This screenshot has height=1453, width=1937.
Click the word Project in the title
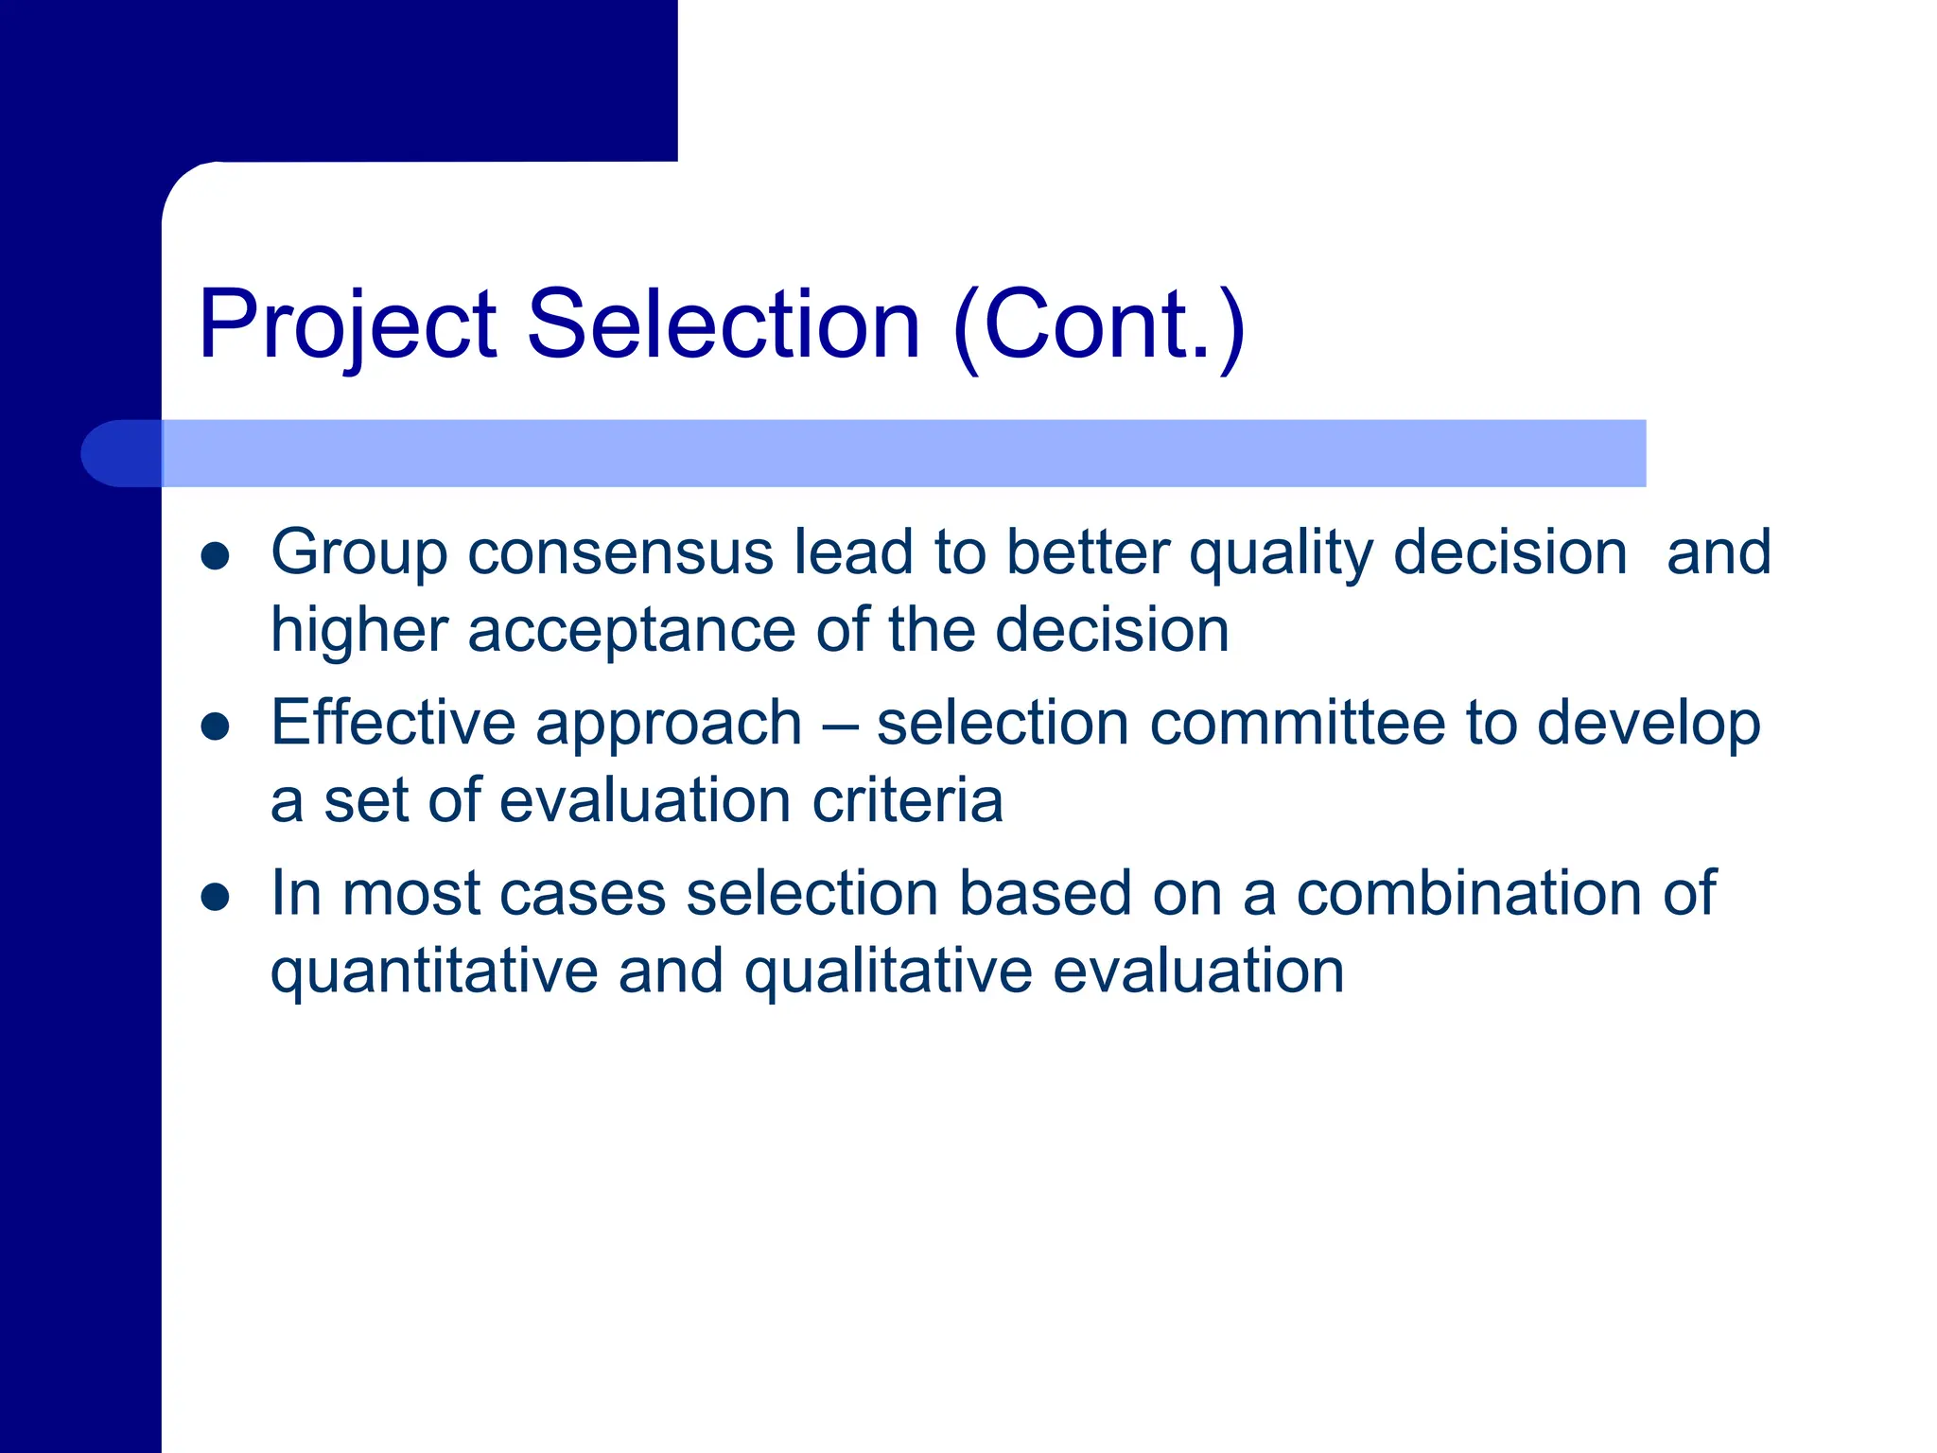tap(346, 326)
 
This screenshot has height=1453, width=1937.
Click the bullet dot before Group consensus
tap(216, 556)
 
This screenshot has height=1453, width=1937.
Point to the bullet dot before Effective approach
tap(216, 726)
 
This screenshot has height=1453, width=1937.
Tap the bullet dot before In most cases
tap(216, 897)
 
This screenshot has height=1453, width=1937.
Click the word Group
tap(358, 554)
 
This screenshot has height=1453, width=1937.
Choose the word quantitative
tap(434, 972)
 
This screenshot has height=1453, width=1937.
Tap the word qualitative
tap(888, 972)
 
